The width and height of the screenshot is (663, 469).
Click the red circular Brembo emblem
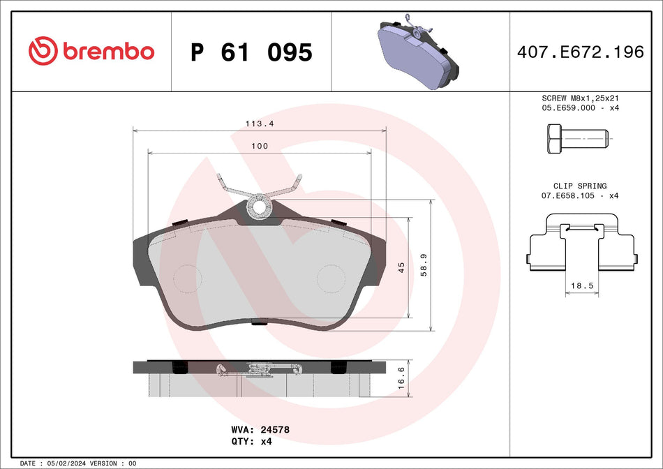tap(43, 51)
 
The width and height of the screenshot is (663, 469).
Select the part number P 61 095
tap(251, 52)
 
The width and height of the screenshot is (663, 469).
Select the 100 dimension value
tap(259, 146)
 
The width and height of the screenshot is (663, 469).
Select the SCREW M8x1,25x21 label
tap(580, 98)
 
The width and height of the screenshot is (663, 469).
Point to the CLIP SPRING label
tap(579, 186)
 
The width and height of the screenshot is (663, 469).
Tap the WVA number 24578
tap(274, 430)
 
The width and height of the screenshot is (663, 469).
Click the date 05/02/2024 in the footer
tap(73, 463)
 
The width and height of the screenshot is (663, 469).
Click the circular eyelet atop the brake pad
tap(260, 206)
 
